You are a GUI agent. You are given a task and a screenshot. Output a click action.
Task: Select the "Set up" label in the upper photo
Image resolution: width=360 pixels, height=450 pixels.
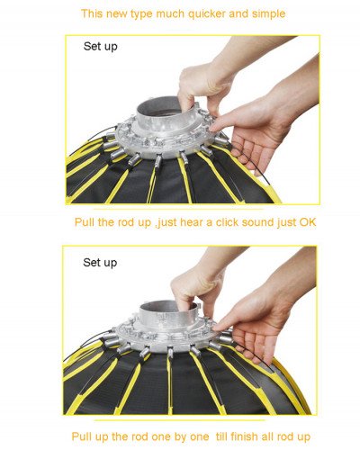[x=100, y=46]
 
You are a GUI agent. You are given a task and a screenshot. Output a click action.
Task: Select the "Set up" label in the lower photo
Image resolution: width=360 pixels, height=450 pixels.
[x=100, y=262]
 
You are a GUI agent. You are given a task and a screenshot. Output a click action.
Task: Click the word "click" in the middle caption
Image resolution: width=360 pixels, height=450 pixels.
[x=206, y=220]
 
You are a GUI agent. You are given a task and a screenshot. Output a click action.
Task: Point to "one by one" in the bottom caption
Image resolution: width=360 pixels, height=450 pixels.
[x=175, y=435]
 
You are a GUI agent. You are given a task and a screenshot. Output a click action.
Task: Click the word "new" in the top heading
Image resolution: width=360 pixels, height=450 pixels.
[x=118, y=13]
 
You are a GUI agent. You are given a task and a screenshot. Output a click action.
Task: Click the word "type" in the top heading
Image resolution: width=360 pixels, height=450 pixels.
[x=146, y=13]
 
